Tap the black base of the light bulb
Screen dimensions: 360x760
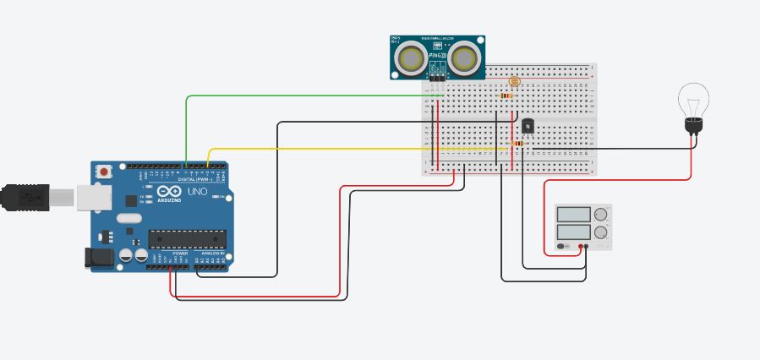(694, 127)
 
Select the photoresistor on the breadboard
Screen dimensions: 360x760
(514, 82)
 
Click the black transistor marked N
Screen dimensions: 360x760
(528, 126)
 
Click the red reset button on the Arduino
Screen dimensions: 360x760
(104, 172)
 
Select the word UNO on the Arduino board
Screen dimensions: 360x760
(196, 192)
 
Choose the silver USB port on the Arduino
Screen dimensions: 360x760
(93, 198)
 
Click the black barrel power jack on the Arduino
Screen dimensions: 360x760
(101, 258)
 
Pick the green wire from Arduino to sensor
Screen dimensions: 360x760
(187, 127)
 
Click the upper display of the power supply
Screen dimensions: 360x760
(575, 214)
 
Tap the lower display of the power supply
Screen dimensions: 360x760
(575, 231)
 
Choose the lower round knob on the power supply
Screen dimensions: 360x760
(601, 232)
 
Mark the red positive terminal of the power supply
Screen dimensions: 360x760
(582, 247)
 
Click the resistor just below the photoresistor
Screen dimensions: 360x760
(506, 96)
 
